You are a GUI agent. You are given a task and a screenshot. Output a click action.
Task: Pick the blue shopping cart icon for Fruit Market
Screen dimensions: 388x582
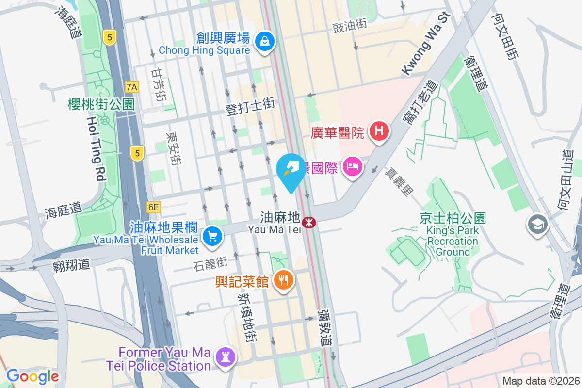pyautogui.click(x=212, y=237)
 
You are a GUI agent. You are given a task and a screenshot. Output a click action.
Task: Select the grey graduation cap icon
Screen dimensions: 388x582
pyautogui.click(x=537, y=225)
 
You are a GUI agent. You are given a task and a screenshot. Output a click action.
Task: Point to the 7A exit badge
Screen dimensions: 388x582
pyautogui.click(x=132, y=87)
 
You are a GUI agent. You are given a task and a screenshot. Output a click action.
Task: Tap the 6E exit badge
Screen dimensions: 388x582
pyautogui.click(x=154, y=207)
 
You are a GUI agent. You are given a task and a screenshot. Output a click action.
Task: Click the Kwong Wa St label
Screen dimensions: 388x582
pyautogui.click(x=426, y=44)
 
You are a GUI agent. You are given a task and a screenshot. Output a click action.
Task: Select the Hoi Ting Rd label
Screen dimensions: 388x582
pyautogui.click(x=97, y=148)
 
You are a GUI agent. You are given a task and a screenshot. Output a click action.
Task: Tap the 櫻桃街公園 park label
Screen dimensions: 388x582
pyautogui.click(x=101, y=104)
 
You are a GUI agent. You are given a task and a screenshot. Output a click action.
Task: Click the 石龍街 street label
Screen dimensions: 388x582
pyautogui.click(x=210, y=264)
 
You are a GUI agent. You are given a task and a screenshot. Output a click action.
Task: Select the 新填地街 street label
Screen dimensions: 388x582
pyautogui.click(x=247, y=318)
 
